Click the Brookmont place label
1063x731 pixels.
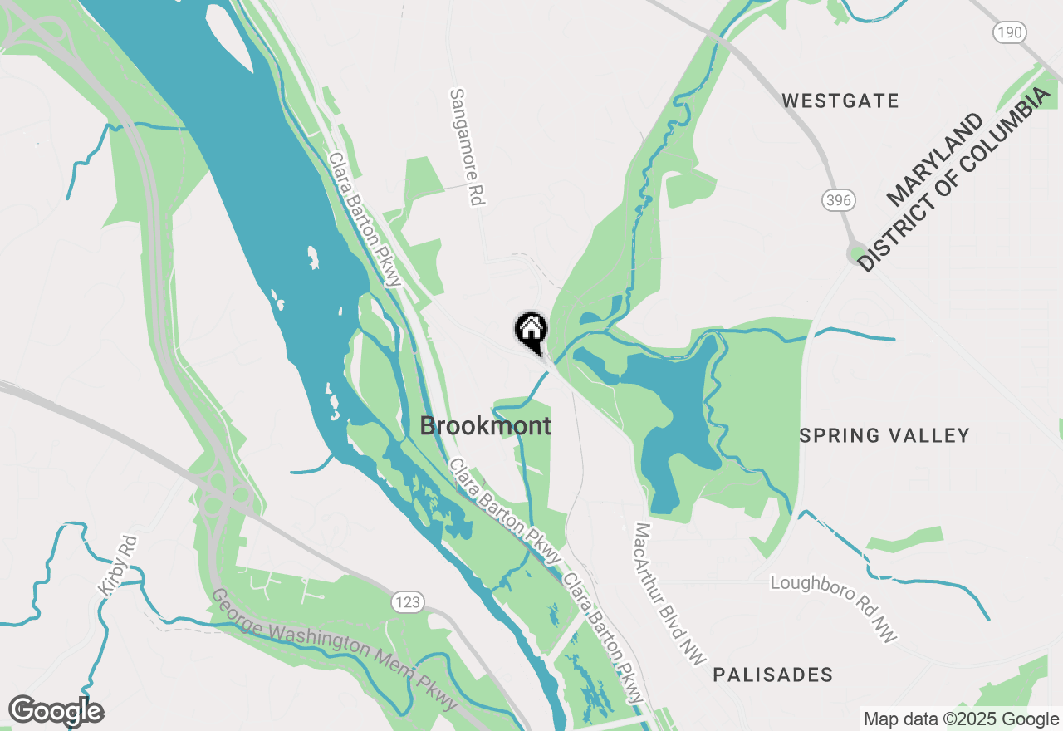[x=485, y=426]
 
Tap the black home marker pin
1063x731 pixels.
[x=531, y=331]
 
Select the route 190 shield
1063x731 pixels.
[x=1009, y=32]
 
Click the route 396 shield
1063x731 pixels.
[x=839, y=199]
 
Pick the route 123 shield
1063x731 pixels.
[x=409, y=601]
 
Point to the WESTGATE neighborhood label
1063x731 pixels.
[x=840, y=101]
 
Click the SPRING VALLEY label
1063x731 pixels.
[x=884, y=435]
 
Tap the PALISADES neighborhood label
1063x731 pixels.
[x=772, y=675]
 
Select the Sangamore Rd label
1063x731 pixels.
[x=467, y=147]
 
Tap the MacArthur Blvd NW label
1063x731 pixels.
[x=669, y=593]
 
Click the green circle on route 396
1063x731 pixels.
[x=855, y=253]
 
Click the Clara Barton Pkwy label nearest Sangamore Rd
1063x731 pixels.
[x=365, y=219]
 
